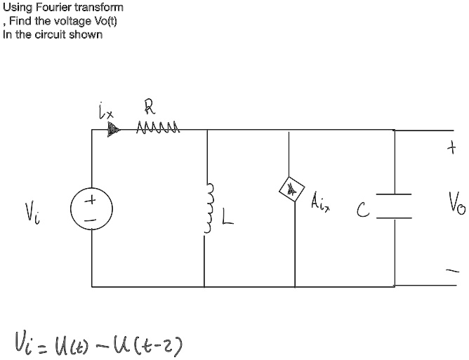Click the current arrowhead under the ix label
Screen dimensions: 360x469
click(113, 130)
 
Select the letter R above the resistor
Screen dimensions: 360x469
click(149, 107)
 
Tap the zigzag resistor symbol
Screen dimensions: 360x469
click(161, 128)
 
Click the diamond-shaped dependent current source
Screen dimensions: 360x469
click(289, 189)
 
